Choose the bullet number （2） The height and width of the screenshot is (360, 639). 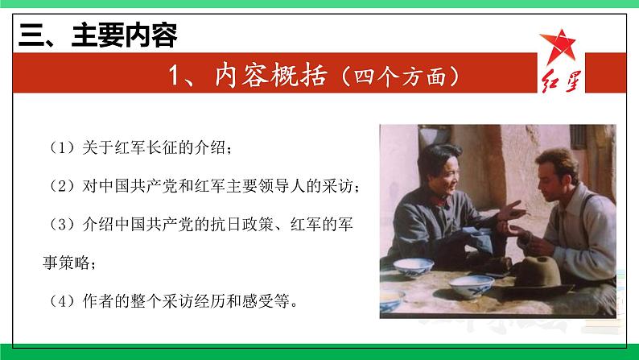(x=61, y=186)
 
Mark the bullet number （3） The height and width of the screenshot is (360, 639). (x=61, y=225)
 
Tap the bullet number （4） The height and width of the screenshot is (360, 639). (x=61, y=302)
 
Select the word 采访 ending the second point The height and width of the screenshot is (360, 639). (x=339, y=186)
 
